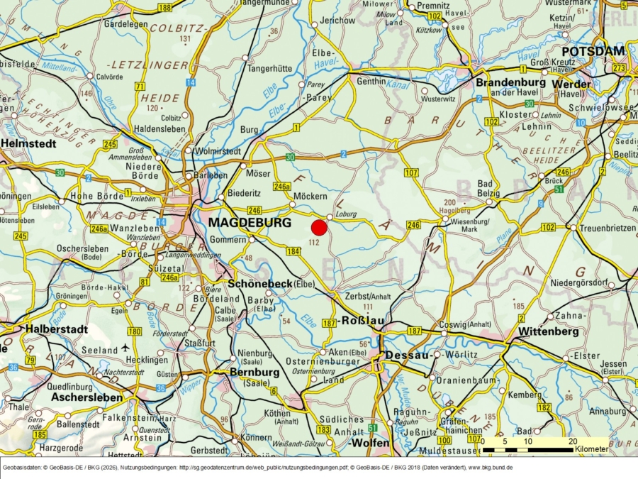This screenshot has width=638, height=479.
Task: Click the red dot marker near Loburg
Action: point(319,228)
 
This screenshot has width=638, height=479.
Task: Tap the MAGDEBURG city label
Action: point(250,223)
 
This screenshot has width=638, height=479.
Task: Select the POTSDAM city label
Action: point(593,51)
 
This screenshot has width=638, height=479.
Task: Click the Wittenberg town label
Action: point(549,331)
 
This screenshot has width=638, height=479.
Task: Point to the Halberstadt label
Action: point(56,329)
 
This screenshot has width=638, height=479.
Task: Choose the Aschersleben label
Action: point(86,397)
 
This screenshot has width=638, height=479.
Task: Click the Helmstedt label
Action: point(28,143)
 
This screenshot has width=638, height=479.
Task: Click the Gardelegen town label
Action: point(125,23)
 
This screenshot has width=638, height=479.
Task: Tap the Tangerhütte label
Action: point(269,68)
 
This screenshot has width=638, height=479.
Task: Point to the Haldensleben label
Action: point(160,129)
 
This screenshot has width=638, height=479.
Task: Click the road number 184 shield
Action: point(293,251)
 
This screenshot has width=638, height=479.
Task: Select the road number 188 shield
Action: point(164,7)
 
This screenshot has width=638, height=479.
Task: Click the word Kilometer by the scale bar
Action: point(591,449)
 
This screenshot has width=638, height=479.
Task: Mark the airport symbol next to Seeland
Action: point(126,348)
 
